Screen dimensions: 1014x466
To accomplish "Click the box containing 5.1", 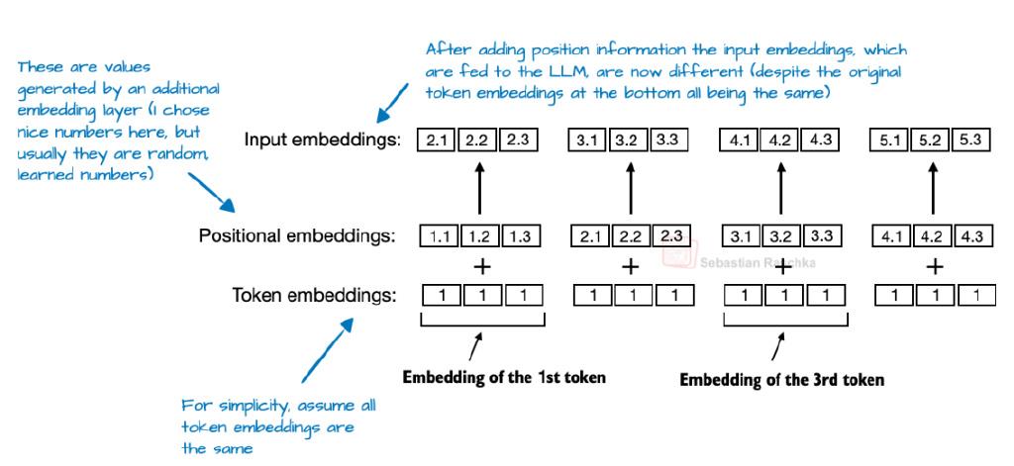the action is (890, 140).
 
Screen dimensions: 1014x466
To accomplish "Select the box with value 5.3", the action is (970, 140).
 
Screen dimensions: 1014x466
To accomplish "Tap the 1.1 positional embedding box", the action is (440, 235).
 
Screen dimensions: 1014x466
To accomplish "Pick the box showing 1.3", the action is (520, 235).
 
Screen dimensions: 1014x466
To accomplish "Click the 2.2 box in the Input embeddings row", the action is (478, 140).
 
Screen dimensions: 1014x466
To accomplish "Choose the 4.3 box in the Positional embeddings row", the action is (971, 235).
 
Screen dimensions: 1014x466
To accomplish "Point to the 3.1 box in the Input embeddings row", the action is (586, 140).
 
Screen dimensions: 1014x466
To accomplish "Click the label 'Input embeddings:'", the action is (322, 140).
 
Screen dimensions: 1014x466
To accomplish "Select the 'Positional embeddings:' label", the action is (297, 235).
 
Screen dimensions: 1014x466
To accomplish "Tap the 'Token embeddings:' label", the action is (314, 296).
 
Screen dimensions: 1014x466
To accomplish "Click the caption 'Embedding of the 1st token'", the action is (504, 377).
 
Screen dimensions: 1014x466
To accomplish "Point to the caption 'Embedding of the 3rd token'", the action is (781, 379).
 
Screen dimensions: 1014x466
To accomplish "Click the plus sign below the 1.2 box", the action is (482, 266).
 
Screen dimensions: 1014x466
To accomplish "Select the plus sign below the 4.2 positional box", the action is (934, 266).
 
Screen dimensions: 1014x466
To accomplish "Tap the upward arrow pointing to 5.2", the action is (933, 187).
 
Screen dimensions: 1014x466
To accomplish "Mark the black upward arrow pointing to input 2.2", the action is (479, 187).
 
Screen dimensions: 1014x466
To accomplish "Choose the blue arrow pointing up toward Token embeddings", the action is (327, 349).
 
